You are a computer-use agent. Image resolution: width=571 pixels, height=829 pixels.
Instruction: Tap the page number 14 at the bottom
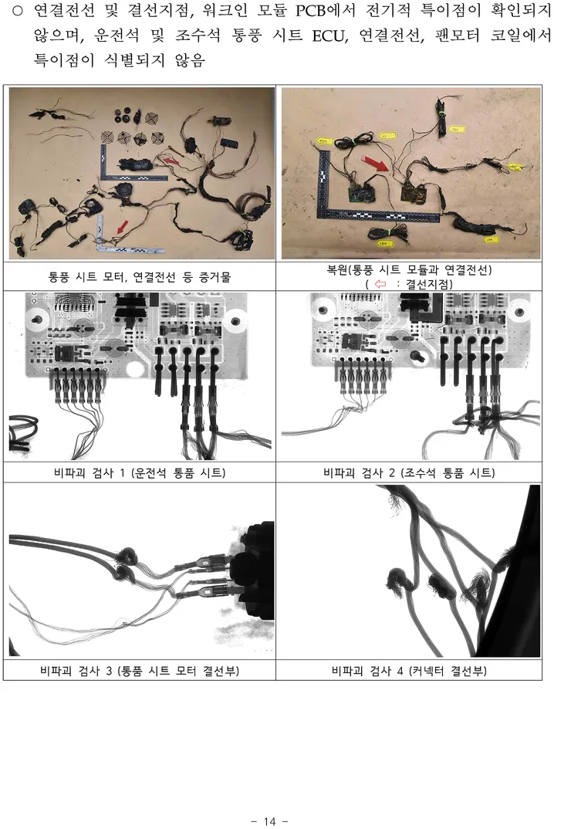coord(269,821)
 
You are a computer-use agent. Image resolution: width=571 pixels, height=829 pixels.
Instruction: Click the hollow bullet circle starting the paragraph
coord(18,11)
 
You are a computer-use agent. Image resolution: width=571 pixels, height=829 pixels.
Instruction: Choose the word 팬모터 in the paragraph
coord(458,36)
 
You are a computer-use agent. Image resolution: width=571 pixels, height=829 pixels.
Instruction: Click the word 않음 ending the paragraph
coord(190,59)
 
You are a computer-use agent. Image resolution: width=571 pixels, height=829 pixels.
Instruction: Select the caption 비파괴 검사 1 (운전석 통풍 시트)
coord(140,472)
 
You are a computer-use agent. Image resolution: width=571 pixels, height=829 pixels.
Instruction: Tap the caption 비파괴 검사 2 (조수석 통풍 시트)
coord(409,472)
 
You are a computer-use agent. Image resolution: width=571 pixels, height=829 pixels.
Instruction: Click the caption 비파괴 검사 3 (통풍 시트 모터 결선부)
coord(140,671)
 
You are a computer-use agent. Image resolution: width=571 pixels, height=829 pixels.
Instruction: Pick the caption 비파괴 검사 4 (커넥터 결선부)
coord(409,671)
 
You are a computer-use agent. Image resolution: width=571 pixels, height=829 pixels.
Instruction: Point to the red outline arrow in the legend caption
coord(380,284)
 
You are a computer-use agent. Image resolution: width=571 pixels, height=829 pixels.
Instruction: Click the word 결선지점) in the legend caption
coord(429,284)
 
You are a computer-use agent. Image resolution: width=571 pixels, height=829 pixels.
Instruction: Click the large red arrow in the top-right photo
coord(377,162)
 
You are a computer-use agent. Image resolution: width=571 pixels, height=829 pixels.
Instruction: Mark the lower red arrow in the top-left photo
coord(122,228)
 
